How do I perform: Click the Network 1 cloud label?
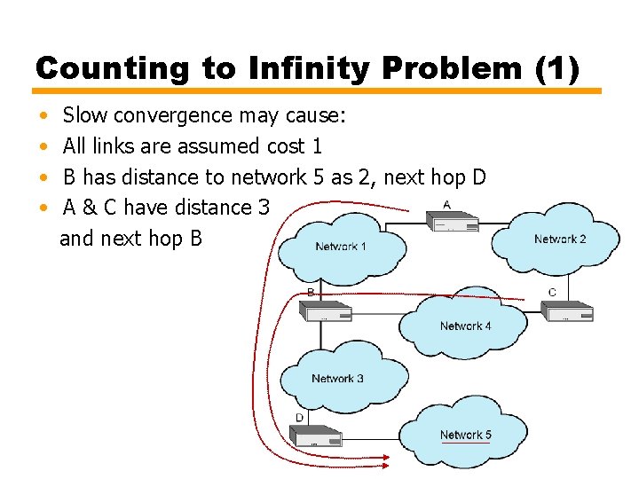(340, 246)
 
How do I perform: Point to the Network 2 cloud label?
(560, 239)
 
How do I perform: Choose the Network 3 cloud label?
(337, 379)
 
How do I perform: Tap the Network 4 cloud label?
(465, 326)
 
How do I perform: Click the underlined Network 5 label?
(465, 435)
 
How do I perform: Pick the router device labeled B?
(326, 310)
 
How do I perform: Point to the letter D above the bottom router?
(299, 417)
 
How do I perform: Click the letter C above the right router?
(552, 292)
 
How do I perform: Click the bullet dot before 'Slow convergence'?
(44, 116)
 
